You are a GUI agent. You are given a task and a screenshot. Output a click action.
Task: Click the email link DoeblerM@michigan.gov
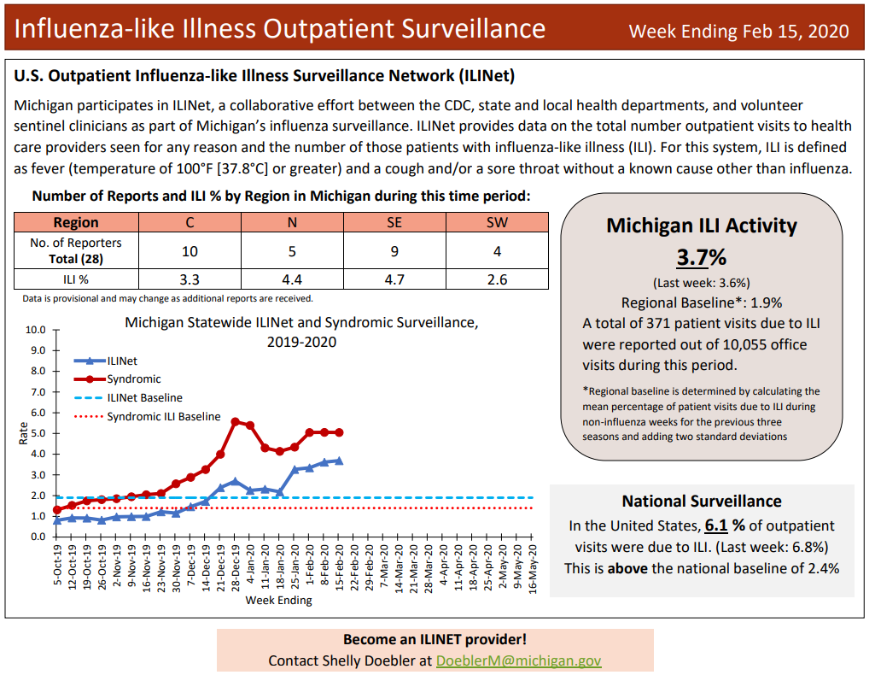(x=519, y=660)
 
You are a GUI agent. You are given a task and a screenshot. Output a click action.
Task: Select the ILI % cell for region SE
(x=394, y=279)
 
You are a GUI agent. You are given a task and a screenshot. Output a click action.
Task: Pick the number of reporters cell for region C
(x=189, y=251)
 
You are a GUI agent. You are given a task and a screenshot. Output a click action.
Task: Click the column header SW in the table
(x=497, y=222)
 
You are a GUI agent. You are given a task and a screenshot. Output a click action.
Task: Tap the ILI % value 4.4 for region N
(x=292, y=279)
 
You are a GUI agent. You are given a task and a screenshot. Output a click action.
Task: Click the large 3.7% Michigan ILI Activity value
(x=701, y=257)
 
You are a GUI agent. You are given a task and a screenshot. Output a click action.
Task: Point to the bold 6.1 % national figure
(x=726, y=525)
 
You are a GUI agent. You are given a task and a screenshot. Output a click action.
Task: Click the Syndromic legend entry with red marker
(x=133, y=379)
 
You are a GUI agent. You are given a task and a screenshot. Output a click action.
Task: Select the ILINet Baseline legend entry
(x=144, y=398)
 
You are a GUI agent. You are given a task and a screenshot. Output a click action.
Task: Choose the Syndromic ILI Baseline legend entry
(x=163, y=417)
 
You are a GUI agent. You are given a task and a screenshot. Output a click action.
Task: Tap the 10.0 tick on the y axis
(x=35, y=330)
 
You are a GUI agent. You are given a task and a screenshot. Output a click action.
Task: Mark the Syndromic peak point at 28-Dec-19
(x=235, y=422)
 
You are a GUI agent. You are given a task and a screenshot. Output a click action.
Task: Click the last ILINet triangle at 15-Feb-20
(x=339, y=461)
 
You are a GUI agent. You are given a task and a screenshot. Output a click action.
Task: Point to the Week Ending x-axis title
(x=278, y=600)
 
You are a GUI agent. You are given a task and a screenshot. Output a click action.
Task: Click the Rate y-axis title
(x=23, y=434)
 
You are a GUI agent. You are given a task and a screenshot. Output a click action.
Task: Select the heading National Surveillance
(x=701, y=502)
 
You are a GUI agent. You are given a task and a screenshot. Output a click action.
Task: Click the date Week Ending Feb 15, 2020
(x=738, y=32)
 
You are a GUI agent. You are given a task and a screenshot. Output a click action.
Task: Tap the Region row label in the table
(x=76, y=222)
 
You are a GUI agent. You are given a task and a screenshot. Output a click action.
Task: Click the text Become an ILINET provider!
(x=435, y=639)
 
